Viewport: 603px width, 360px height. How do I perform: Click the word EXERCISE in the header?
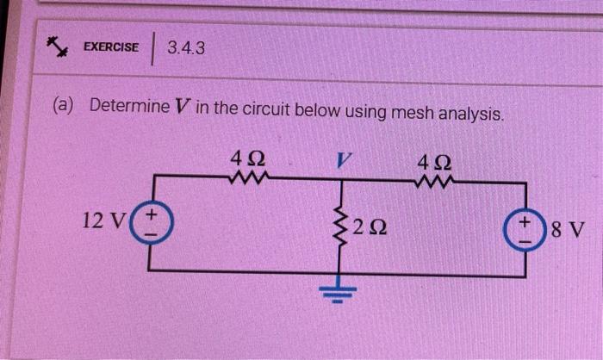tap(110, 47)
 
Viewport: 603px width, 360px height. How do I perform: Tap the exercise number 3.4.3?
tap(187, 47)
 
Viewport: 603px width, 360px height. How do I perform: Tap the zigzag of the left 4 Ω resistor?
tap(250, 179)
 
